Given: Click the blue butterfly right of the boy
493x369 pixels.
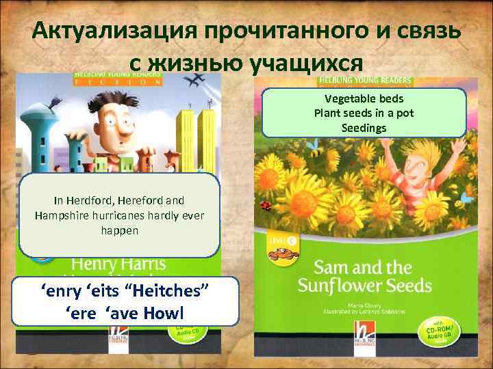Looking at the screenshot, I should [x=468, y=198].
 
